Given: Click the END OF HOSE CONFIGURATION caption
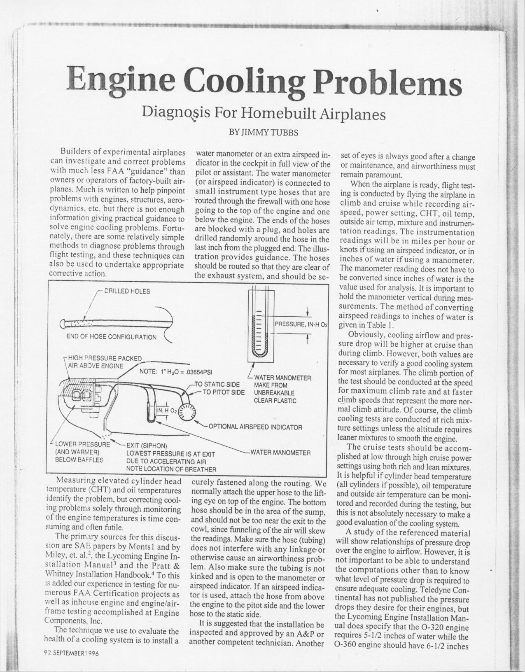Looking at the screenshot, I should point(111,337).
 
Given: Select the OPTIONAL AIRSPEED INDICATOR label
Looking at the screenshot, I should point(255,427).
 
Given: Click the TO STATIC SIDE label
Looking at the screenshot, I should point(219,385).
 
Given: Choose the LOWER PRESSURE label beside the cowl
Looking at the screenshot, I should point(82,445).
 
